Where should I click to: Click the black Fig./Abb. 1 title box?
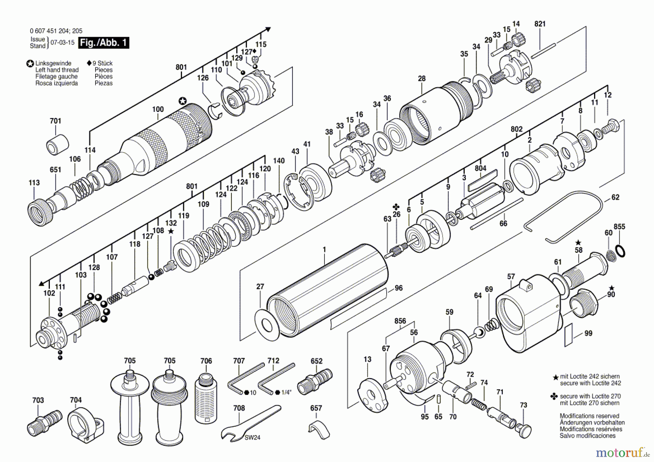[x=104, y=42]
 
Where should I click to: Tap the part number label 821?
[x=540, y=24]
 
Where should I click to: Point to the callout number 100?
[x=158, y=109]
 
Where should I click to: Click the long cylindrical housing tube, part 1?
[x=327, y=291]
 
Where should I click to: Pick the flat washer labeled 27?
[x=267, y=325]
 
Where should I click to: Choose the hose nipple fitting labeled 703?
[x=42, y=424]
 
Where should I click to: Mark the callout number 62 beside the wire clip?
[x=615, y=197]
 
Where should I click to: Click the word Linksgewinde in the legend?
[x=53, y=63]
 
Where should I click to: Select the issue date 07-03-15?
[x=62, y=42]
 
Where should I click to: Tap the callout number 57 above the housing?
[x=511, y=277]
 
